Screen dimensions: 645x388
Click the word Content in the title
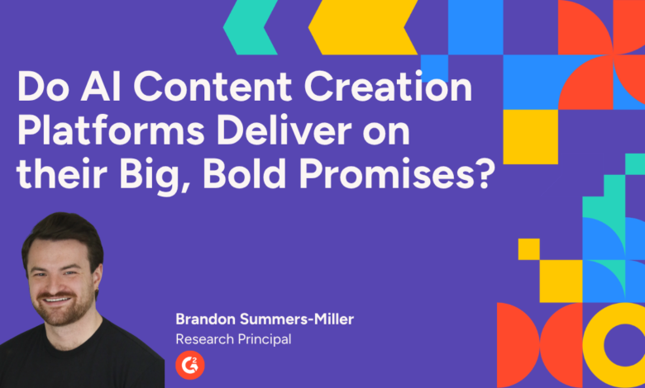(x=213, y=87)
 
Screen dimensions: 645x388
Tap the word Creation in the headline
(x=388, y=86)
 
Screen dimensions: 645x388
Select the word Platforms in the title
(x=111, y=130)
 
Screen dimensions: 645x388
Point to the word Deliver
(x=284, y=130)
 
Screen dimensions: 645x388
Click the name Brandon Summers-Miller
(x=265, y=319)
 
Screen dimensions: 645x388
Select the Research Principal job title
(x=233, y=339)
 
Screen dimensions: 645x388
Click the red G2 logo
(x=190, y=365)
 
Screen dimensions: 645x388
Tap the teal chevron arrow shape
(x=251, y=27)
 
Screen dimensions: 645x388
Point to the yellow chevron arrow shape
(x=362, y=27)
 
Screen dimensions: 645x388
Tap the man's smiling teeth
(x=57, y=300)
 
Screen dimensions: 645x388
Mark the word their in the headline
(x=62, y=173)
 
